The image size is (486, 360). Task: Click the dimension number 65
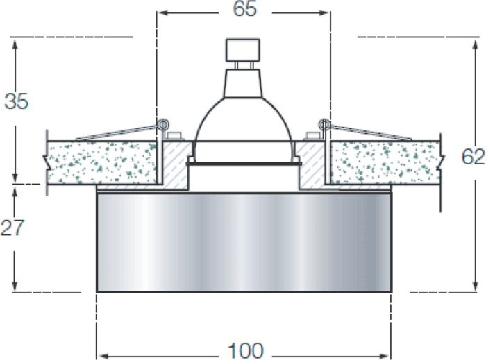pyautogui.click(x=245, y=9)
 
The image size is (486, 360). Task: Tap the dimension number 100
pyautogui.click(x=246, y=350)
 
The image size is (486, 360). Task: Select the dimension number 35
pyautogui.click(x=17, y=101)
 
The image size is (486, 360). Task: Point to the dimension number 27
pyautogui.click(x=12, y=228)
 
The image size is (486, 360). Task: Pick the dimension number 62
pyautogui.click(x=474, y=157)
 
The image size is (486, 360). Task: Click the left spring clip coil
pyautogui.click(x=162, y=125)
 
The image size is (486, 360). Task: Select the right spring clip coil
pyautogui.click(x=324, y=125)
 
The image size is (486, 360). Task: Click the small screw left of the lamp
pyautogui.click(x=174, y=135)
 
